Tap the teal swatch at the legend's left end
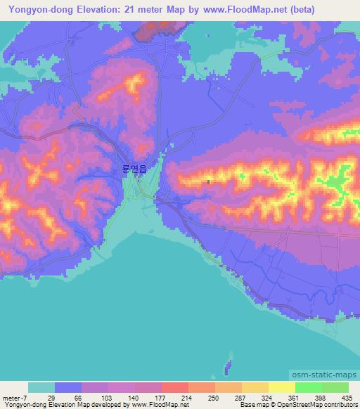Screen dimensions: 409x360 click(x=41, y=387)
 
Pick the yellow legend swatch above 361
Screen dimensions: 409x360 click(x=281, y=387)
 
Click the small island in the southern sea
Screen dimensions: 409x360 click(x=226, y=365)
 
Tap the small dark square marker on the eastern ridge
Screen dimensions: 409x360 click(x=209, y=181)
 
